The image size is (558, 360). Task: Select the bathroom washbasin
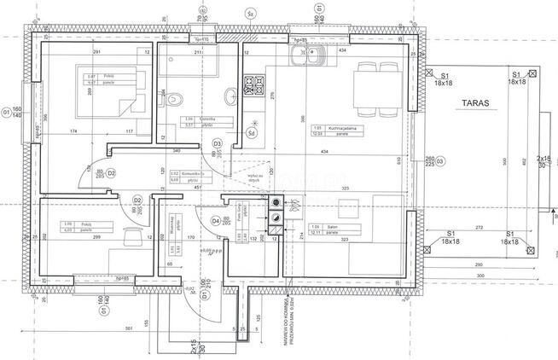[230, 96]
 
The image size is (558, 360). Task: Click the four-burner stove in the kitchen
[253, 84]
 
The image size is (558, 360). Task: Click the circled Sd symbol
[252, 132]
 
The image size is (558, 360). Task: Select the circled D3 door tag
[217, 144]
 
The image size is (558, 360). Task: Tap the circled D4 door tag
[216, 222]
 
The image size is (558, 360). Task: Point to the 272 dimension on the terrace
[480, 228]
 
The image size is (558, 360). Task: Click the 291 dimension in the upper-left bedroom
[97, 53]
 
